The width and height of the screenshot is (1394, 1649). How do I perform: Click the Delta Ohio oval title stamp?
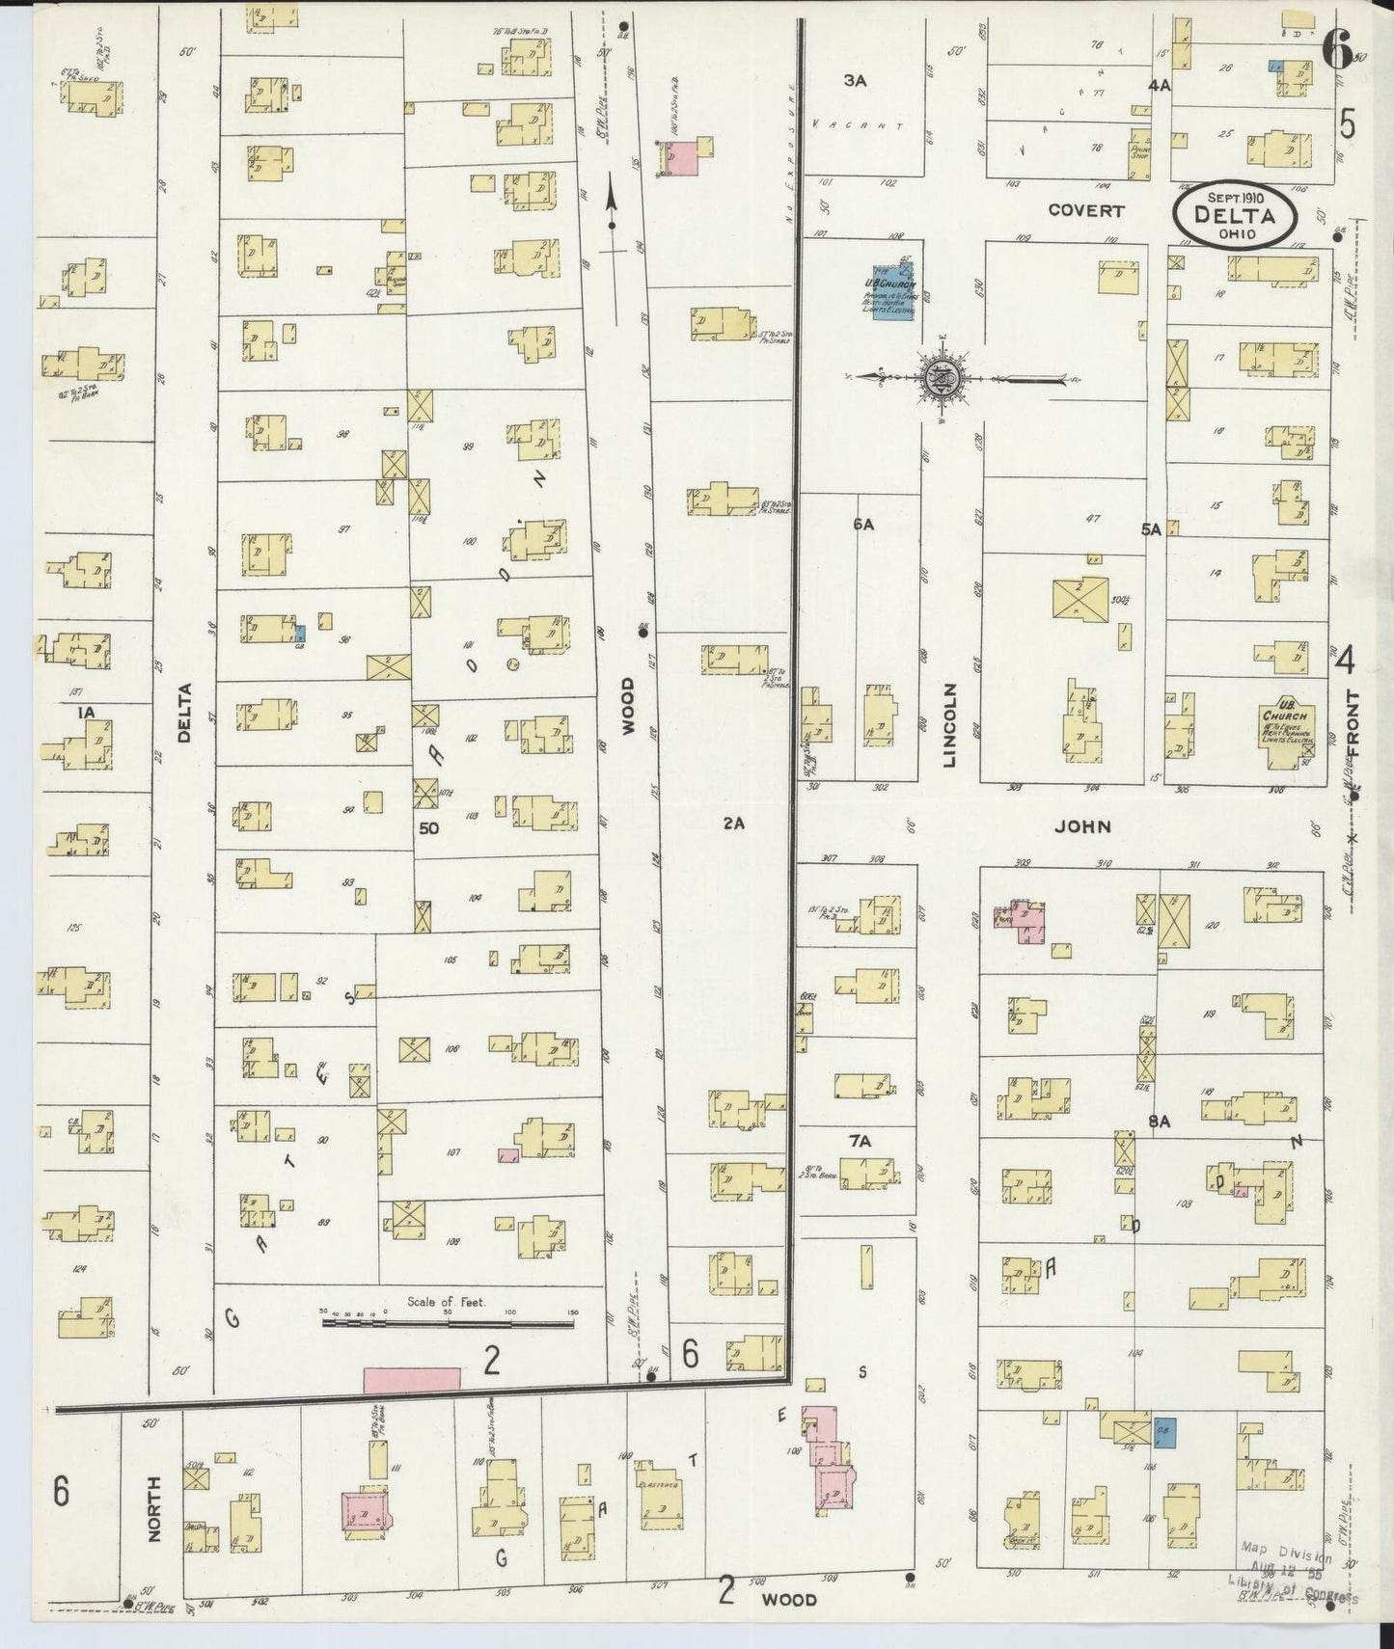tap(1234, 216)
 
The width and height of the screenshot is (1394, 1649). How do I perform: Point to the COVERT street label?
tap(1086, 210)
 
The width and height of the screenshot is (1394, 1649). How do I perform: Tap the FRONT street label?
tap(1352, 723)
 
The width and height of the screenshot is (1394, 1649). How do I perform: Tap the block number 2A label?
tap(734, 824)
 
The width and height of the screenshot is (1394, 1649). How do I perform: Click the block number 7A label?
tap(860, 1141)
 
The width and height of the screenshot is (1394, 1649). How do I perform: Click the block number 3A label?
tap(855, 81)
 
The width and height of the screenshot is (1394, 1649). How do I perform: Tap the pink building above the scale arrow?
tap(682, 158)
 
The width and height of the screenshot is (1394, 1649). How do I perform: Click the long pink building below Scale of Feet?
tap(412, 1378)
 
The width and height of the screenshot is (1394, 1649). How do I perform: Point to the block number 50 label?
tap(429, 827)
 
